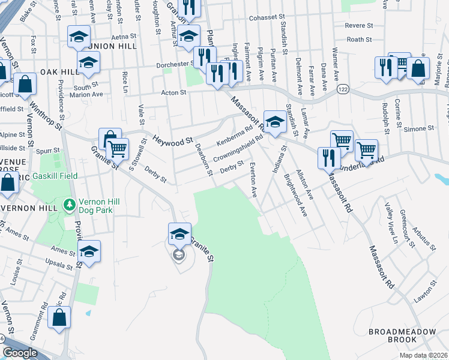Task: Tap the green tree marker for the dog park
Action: pos(70,206)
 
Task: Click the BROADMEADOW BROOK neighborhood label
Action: pos(393,335)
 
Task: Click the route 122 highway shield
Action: pos(343,89)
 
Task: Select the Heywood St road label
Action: pos(172,140)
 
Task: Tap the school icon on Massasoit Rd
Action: pos(275,121)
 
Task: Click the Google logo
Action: pos(20,353)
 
